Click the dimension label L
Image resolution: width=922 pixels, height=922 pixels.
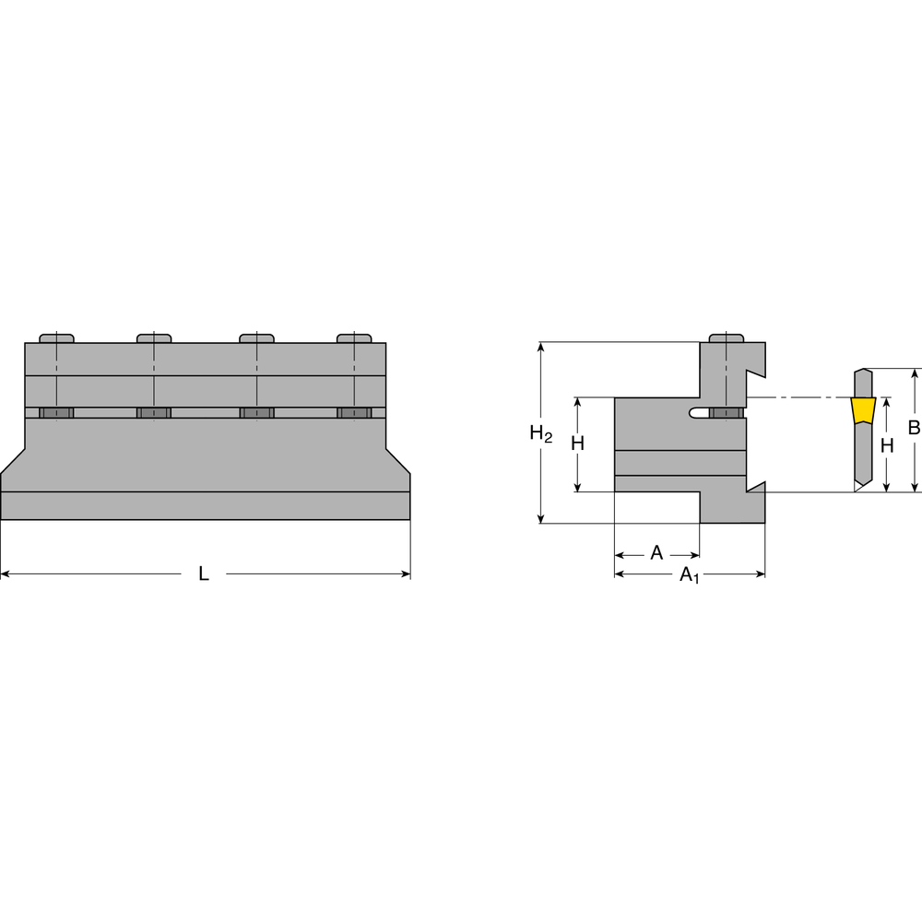point(204,573)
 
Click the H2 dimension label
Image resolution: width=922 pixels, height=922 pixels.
point(541,434)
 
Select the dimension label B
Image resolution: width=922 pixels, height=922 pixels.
point(913,428)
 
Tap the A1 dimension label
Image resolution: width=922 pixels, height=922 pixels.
point(689,575)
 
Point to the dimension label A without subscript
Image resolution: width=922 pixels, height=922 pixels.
point(656,553)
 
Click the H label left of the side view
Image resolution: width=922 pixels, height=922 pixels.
point(577,443)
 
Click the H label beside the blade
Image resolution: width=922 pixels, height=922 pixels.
point(887,445)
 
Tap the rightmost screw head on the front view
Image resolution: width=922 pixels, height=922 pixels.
point(355,337)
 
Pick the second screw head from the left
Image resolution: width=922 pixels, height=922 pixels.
point(154,337)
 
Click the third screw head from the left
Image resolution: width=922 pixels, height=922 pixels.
point(256,337)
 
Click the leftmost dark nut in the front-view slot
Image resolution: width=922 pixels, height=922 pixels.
point(56,412)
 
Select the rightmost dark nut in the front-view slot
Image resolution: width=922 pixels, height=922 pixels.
point(355,412)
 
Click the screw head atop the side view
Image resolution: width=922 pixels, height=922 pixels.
point(727,337)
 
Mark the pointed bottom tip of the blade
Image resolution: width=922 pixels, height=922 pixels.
point(856,490)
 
